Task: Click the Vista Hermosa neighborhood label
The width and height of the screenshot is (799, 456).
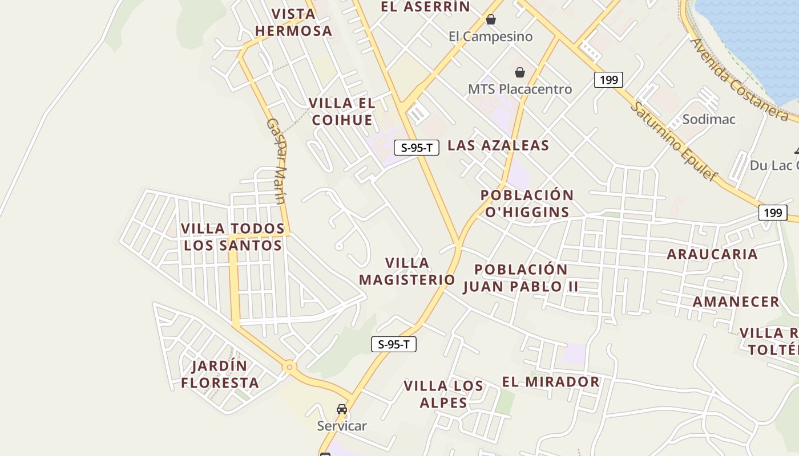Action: (293, 22)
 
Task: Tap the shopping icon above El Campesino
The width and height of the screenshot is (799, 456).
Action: (491, 19)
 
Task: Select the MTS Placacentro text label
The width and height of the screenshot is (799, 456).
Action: (519, 89)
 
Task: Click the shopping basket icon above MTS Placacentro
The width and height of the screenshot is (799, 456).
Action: (519, 72)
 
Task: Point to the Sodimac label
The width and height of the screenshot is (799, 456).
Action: (709, 119)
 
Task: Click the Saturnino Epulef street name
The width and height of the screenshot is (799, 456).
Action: (673, 140)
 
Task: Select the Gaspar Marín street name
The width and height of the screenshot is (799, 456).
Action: (277, 161)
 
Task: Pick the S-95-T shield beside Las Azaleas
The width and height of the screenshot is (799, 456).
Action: (417, 148)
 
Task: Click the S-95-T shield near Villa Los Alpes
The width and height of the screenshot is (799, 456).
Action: (394, 344)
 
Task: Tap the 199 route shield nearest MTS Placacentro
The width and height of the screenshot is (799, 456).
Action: (608, 80)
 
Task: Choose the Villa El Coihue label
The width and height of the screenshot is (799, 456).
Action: (342, 111)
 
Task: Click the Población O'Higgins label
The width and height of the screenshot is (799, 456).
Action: (527, 203)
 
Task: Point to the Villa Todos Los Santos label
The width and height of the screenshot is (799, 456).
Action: (232, 237)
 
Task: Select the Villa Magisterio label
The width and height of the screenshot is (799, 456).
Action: (407, 271)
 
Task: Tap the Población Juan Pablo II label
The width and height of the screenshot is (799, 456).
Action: (520, 278)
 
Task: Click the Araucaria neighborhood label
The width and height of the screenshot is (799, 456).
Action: (712, 254)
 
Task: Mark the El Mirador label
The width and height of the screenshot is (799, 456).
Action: (551, 381)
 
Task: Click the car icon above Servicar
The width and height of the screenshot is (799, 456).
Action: (342, 409)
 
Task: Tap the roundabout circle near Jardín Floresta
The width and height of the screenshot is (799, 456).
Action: (290, 367)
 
